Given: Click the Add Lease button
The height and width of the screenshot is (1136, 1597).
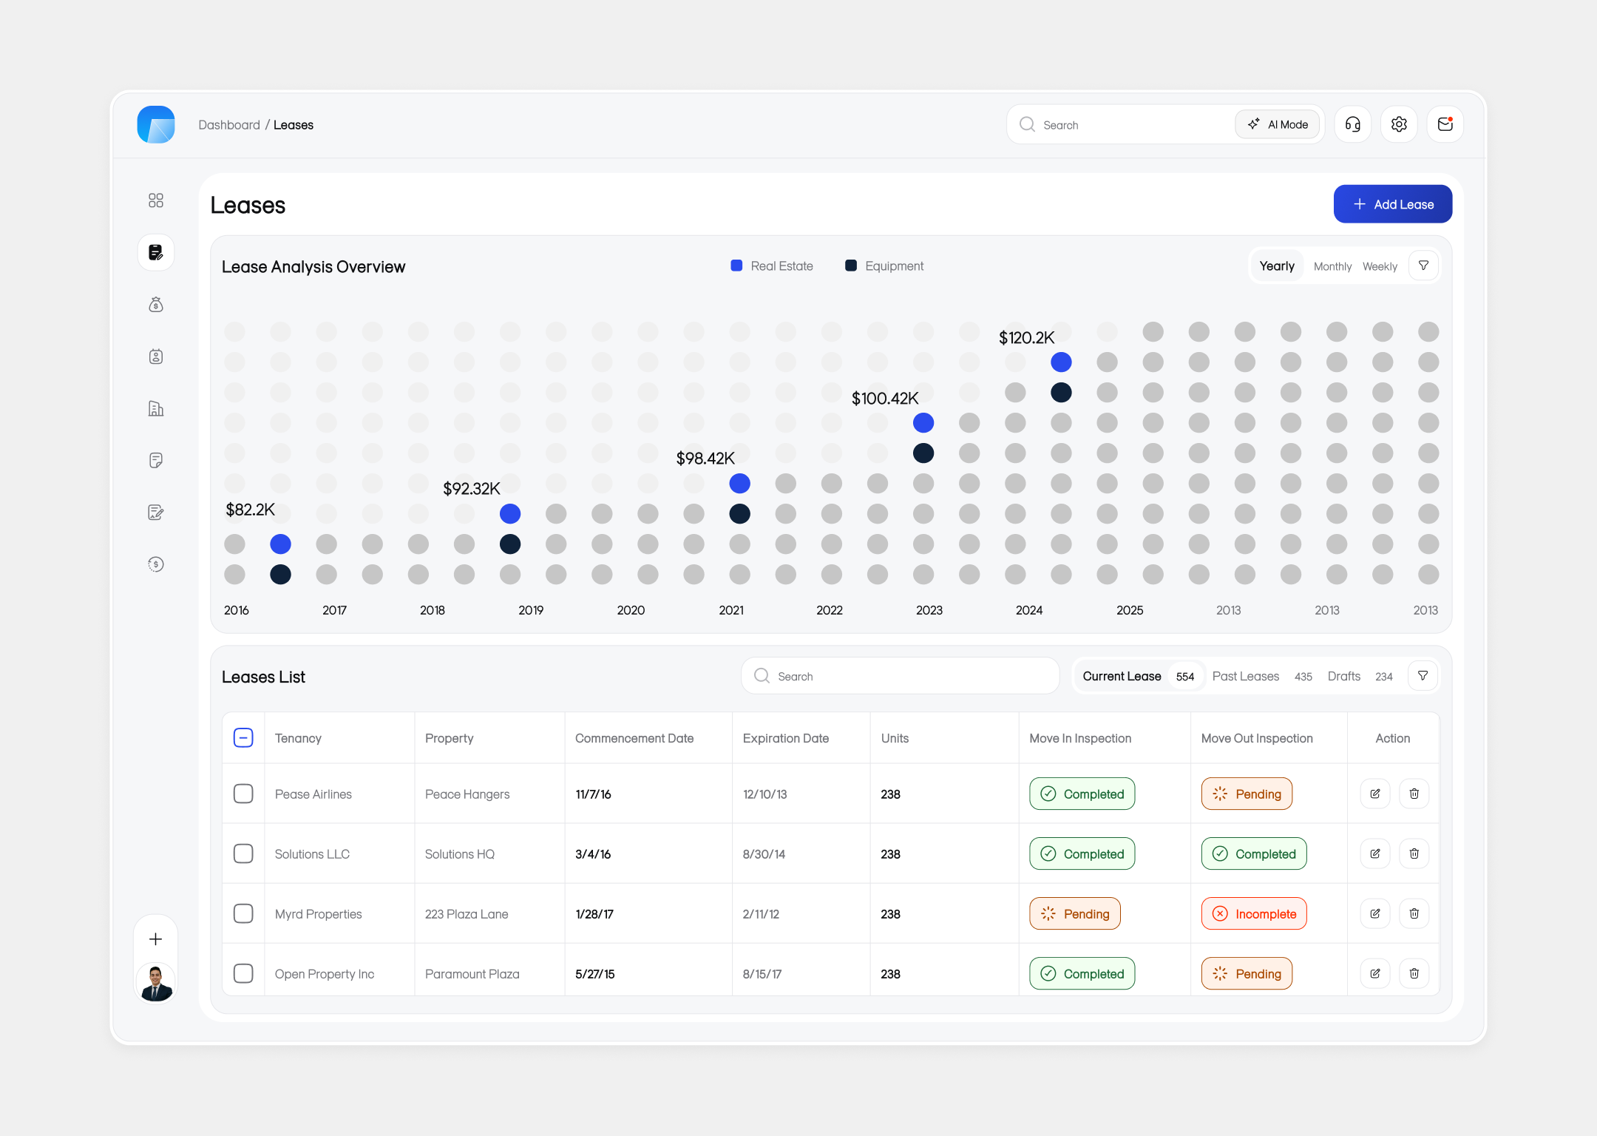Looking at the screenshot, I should click(x=1392, y=204).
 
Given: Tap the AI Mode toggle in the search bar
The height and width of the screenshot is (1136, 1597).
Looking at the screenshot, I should click(x=1278, y=124).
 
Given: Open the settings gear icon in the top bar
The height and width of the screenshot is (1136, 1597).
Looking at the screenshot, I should click(x=1399, y=124).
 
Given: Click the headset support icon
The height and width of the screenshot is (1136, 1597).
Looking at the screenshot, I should click(x=1352, y=124).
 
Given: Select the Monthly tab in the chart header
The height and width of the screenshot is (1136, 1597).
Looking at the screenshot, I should click(x=1332, y=266).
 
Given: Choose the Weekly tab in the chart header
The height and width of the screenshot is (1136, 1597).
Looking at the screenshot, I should click(x=1380, y=266).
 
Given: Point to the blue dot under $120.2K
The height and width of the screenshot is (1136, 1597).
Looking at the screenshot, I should click(x=1061, y=362).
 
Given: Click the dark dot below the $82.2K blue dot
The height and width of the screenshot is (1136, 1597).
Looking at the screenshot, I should click(x=280, y=575).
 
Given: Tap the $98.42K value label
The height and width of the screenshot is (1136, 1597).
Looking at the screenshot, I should click(x=705, y=459).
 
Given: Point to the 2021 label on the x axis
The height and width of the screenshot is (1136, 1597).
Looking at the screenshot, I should click(x=731, y=610).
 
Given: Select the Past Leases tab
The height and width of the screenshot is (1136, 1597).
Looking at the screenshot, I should click(x=1246, y=676).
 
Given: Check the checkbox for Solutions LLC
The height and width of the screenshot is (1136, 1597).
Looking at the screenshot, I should click(x=243, y=853).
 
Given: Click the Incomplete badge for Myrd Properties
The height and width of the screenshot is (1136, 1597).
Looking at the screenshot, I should click(x=1254, y=914).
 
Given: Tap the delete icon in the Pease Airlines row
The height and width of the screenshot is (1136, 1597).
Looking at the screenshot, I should click(x=1414, y=794).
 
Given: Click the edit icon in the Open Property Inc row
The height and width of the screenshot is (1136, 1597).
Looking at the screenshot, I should click(x=1375, y=973).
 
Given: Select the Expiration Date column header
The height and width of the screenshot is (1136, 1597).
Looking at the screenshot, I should click(x=785, y=738).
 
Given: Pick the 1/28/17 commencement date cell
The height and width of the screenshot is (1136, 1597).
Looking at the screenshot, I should click(x=594, y=914).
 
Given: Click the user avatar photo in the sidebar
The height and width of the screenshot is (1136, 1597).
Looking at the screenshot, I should click(x=156, y=983).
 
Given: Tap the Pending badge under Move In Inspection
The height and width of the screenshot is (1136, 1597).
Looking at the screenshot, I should click(x=1075, y=914).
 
